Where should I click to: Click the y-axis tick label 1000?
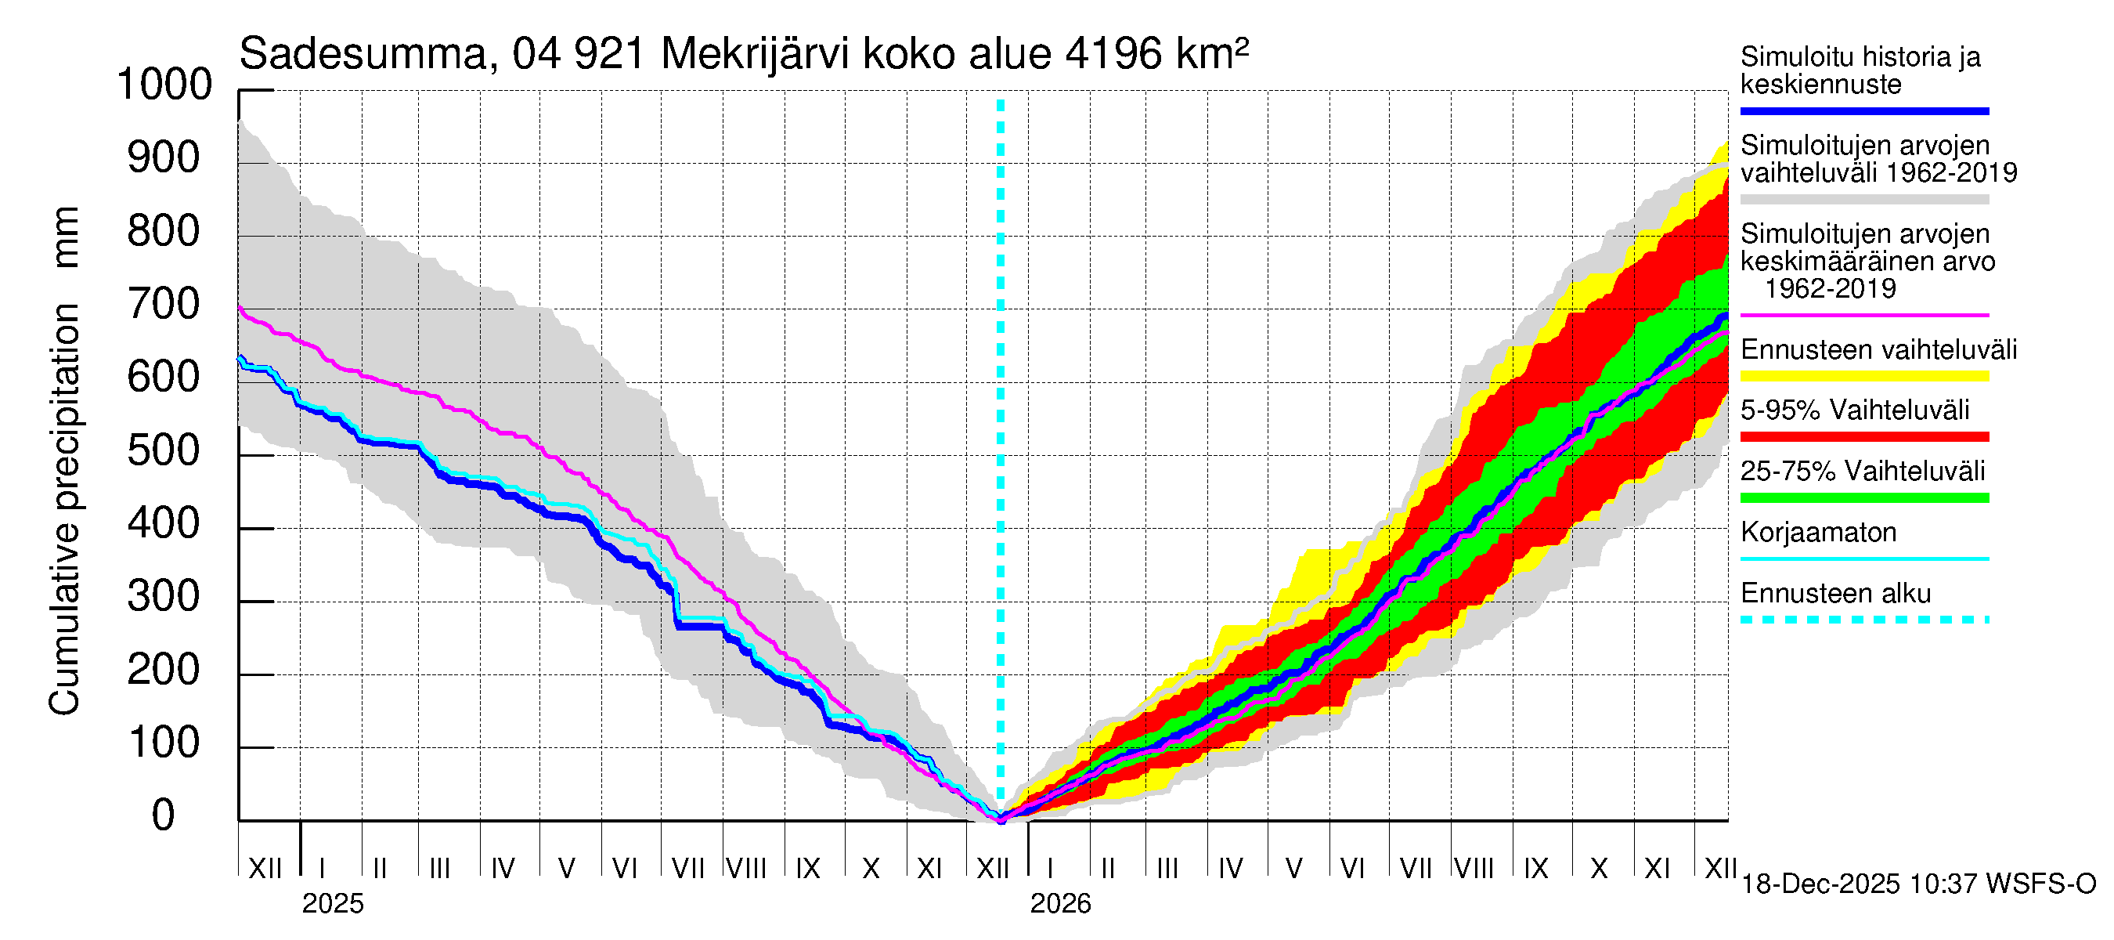coord(164,85)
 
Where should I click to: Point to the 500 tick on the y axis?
coord(164,450)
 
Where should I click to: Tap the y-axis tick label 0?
coord(164,815)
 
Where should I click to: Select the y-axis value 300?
coord(164,597)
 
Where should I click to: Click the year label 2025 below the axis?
coord(332,904)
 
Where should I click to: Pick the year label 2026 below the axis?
coord(1060,904)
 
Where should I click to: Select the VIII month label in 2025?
coord(746,868)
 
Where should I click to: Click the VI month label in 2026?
coord(1351,868)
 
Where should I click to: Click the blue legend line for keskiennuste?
coord(1864,110)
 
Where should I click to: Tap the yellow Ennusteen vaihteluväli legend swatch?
coord(1864,376)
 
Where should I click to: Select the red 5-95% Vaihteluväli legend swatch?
coord(1864,437)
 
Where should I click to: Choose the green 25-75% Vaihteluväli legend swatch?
coord(1864,497)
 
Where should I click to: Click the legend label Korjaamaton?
coord(1819,533)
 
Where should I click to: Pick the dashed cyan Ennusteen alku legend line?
coord(1864,620)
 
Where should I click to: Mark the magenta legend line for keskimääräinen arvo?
coord(1864,315)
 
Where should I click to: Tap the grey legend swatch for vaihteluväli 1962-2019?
coord(1864,200)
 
